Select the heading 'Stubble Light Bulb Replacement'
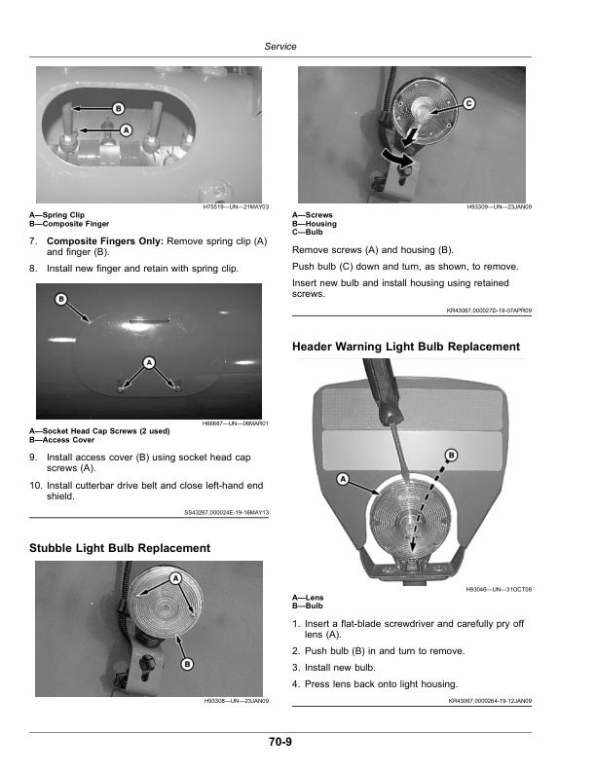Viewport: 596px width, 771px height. click(x=120, y=548)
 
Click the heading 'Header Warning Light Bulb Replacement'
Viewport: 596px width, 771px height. click(x=406, y=347)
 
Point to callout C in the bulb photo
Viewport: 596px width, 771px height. click(x=468, y=103)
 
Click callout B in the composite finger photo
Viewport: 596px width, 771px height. click(x=118, y=106)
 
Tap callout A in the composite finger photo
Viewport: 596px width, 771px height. click(x=126, y=129)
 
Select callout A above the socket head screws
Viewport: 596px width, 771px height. click(x=149, y=362)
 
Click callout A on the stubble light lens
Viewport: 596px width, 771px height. click(x=176, y=578)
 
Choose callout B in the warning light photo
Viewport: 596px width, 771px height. click(x=451, y=455)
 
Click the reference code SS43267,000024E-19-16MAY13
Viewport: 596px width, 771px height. click(x=226, y=512)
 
